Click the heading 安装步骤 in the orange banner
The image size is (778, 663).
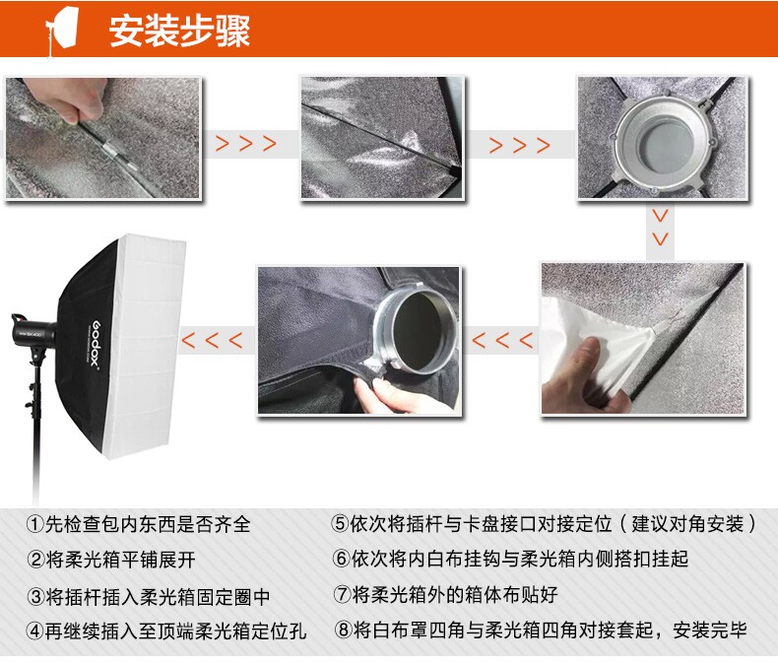pyautogui.click(x=179, y=31)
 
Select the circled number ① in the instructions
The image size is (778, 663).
pyautogui.click(x=34, y=524)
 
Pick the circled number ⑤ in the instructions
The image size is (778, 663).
pyautogui.click(x=340, y=523)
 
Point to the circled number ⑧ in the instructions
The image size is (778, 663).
pyautogui.click(x=343, y=630)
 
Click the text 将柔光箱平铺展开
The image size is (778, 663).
pyautogui.click(x=120, y=560)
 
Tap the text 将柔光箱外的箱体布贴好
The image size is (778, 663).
pyautogui.click(x=455, y=594)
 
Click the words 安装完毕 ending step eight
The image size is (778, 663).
pyautogui.click(x=710, y=630)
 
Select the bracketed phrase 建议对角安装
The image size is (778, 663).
pyautogui.click(x=687, y=523)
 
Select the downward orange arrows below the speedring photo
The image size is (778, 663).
pyautogui.click(x=660, y=228)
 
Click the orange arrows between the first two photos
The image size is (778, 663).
pyautogui.click(x=245, y=144)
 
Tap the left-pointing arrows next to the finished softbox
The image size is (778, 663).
pyautogui.click(x=213, y=341)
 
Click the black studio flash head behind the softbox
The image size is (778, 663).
pyautogui.click(x=33, y=331)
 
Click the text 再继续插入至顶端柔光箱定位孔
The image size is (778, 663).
pyautogui.click(x=175, y=630)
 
